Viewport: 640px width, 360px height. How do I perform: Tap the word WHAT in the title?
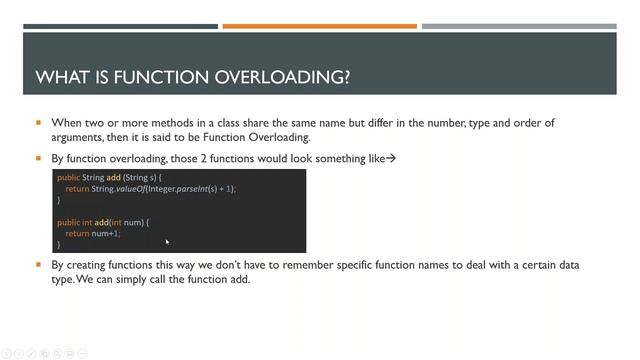coord(62,77)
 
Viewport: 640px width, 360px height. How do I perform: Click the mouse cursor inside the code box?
coord(167,242)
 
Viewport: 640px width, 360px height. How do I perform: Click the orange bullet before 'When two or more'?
coord(39,123)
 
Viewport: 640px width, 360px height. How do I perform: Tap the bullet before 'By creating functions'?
coord(39,265)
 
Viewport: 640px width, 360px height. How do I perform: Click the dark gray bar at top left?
coord(120,26)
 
